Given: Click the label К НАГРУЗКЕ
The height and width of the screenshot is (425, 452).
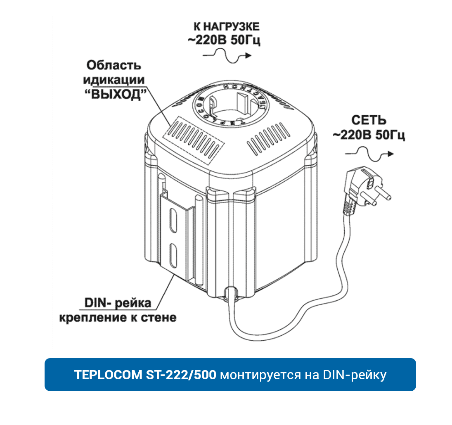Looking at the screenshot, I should pyautogui.click(x=226, y=27).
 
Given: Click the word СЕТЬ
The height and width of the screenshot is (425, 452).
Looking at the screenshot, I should pyautogui.click(x=369, y=120).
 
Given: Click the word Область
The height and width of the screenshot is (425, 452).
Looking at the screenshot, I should pyautogui.click(x=114, y=65).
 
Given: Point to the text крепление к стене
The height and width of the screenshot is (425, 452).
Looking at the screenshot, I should pyautogui.click(x=117, y=318).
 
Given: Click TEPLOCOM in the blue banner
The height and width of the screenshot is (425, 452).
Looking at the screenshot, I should pyautogui.click(x=108, y=375).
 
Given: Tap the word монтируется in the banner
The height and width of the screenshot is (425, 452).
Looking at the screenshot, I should pyautogui.click(x=259, y=375).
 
